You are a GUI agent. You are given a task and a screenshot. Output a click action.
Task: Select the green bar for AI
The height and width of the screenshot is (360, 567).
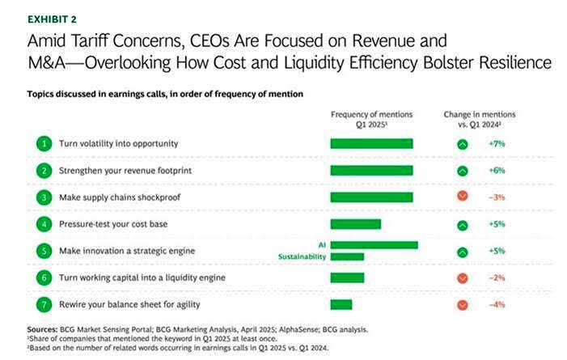click(374, 244)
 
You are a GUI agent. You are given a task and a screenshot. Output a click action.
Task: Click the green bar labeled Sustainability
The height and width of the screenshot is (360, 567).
click(347, 256)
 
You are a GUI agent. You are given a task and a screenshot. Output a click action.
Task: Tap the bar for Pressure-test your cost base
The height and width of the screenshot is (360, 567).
click(355, 224)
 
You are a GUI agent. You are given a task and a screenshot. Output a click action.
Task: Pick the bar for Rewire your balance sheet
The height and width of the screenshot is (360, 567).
click(341, 304)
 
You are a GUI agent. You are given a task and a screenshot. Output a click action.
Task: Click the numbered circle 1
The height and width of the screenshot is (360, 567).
click(43, 144)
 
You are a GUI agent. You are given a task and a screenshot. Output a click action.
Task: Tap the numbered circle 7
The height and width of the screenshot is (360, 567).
click(43, 304)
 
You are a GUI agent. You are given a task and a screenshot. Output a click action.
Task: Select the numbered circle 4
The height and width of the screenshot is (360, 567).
click(43, 224)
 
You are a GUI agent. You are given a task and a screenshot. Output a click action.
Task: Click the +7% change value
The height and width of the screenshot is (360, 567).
click(497, 144)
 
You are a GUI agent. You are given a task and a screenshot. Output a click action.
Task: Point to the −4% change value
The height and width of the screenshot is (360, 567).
click(497, 304)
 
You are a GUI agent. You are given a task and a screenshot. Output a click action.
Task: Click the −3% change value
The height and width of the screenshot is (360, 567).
click(497, 197)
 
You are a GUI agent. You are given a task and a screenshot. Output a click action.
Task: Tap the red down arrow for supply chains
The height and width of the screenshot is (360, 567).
click(463, 197)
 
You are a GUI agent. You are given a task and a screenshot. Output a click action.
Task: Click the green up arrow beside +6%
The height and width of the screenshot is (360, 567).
click(463, 171)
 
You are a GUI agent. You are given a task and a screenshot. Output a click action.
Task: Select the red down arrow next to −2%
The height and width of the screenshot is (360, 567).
click(463, 278)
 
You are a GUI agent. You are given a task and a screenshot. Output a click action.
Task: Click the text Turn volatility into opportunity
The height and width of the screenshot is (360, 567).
click(118, 144)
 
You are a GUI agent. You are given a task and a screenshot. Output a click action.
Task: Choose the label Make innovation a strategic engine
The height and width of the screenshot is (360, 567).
click(127, 251)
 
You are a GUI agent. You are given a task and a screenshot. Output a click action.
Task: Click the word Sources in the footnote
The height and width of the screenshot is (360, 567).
click(41, 329)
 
